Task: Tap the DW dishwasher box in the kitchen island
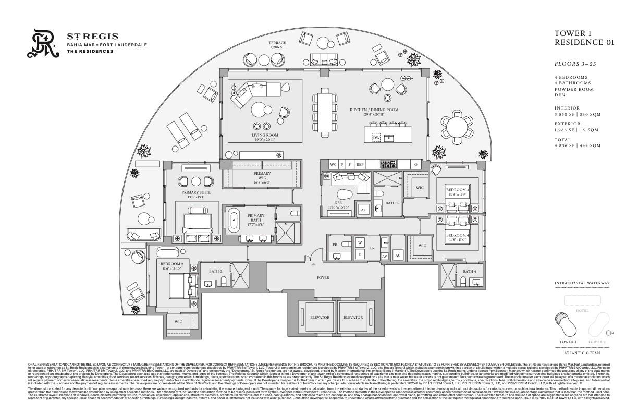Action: pyautogui.click(x=376, y=138)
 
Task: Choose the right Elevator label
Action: pyautogui.click(x=353, y=317)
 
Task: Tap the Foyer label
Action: pyautogui.click(x=323, y=278)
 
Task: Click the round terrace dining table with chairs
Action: pyautogui.click(x=457, y=126)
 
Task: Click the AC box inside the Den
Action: pyautogui.click(x=363, y=210)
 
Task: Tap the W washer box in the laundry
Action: pyautogui.click(x=360, y=243)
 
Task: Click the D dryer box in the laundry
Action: pyautogui.click(x=360, y=254)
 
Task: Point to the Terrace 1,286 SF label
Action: pyautogui.click(x=277, y=45)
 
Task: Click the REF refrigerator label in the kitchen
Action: pyautogui.click(x=360, y=164)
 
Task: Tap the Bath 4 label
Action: pyautogui.click(x=469, y=271)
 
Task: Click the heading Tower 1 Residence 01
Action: pyautogui.click(x=584, y=38)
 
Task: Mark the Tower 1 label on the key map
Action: pyautogui.click(x=567, y=342)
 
